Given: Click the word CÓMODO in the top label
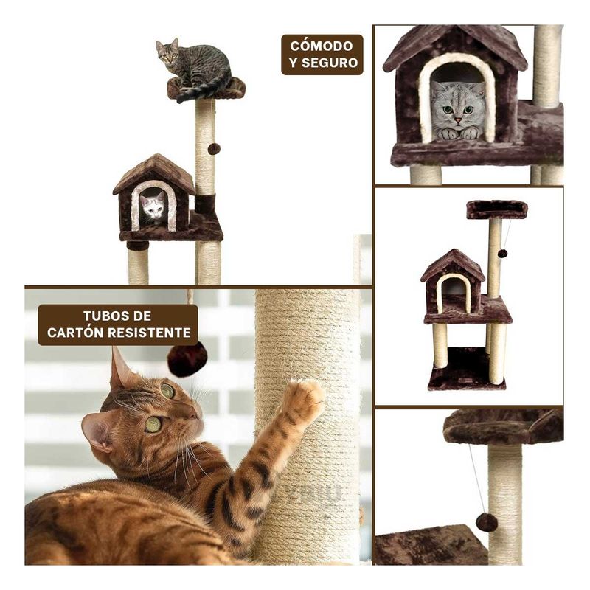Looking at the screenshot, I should click(x=322, y=46).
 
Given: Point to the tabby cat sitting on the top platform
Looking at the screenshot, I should click(x=192, y=66).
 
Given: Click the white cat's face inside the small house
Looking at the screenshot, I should click(x=153, y=206).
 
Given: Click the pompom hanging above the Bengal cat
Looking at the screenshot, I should click(x=187, y=358).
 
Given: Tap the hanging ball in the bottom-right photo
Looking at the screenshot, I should click(x=486, y=522).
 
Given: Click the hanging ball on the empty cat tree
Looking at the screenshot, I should click(x=502, y=253).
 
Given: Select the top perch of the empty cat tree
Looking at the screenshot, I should click(x=496, y=209).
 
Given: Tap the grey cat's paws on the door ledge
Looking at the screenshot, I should click(x=459, y=133).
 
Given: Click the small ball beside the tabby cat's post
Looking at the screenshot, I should click(x=214, y=149).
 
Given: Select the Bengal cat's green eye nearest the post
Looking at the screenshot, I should click(x=167, y=391).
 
